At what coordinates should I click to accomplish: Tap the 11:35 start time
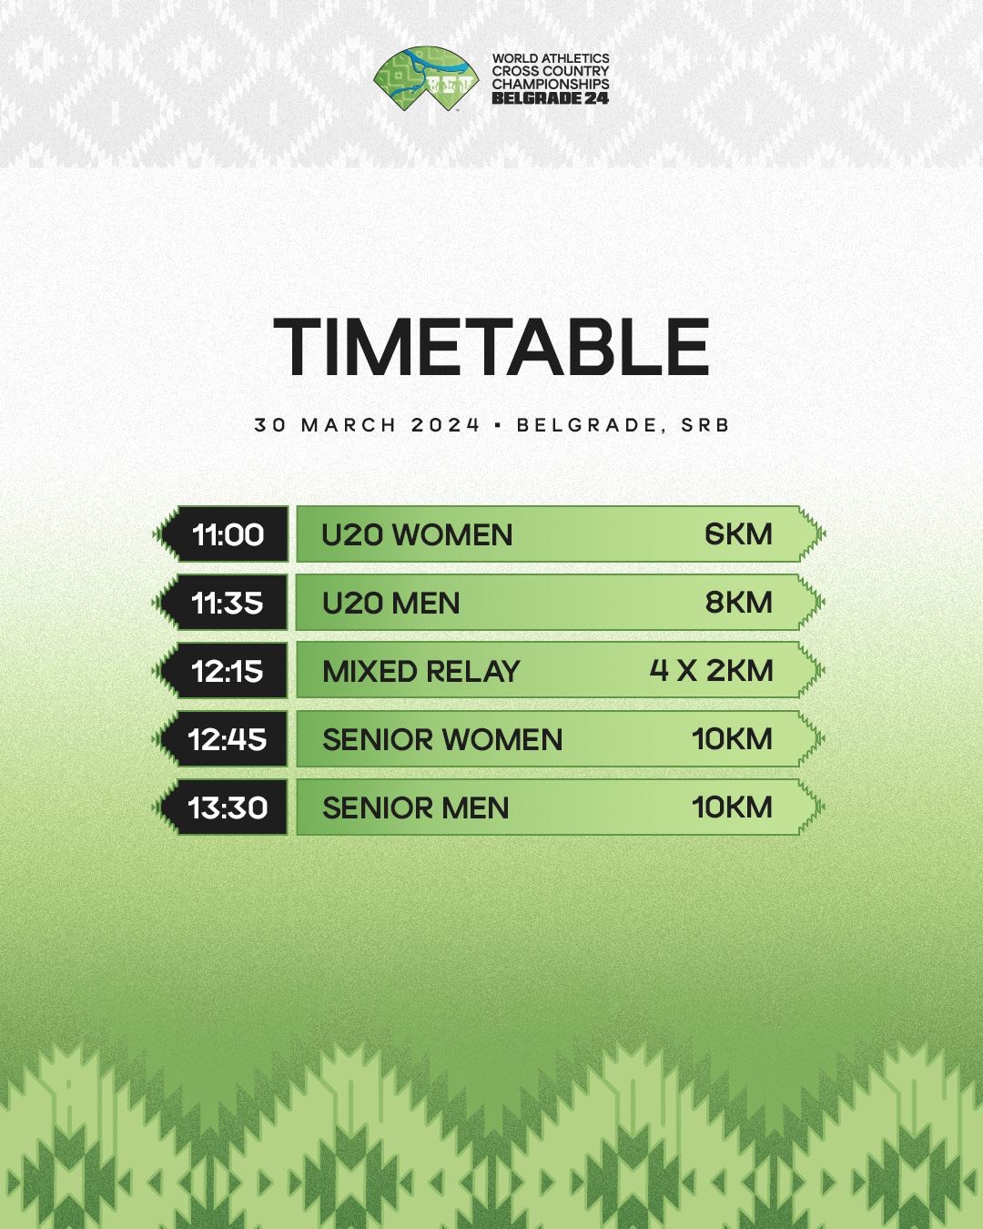(x=228, y=603)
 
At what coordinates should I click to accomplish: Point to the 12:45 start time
(x=228, y=739)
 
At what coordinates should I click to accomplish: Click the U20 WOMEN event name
(x=417, y=535)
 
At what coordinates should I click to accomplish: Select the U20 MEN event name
(x=391, y=603)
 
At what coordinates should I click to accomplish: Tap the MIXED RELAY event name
(x=421, y=671)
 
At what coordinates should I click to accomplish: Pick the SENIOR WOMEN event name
(x=442, y=739)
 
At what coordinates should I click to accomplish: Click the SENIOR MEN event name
(x=416, y=807)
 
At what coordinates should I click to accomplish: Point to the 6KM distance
(x=738, y=534)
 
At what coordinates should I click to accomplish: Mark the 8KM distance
(x=738, y=603)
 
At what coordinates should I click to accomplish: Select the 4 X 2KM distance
(x=711, y=670)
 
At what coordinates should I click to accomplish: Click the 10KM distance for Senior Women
(x=733, y=738)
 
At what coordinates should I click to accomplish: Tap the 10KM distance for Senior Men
(x=733, y=807)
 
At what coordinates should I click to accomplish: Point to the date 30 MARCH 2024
(x=367, y=425)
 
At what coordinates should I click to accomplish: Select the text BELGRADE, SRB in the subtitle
(x=623, y=425)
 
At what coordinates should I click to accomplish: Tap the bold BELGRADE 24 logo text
(x=550, y=97)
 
